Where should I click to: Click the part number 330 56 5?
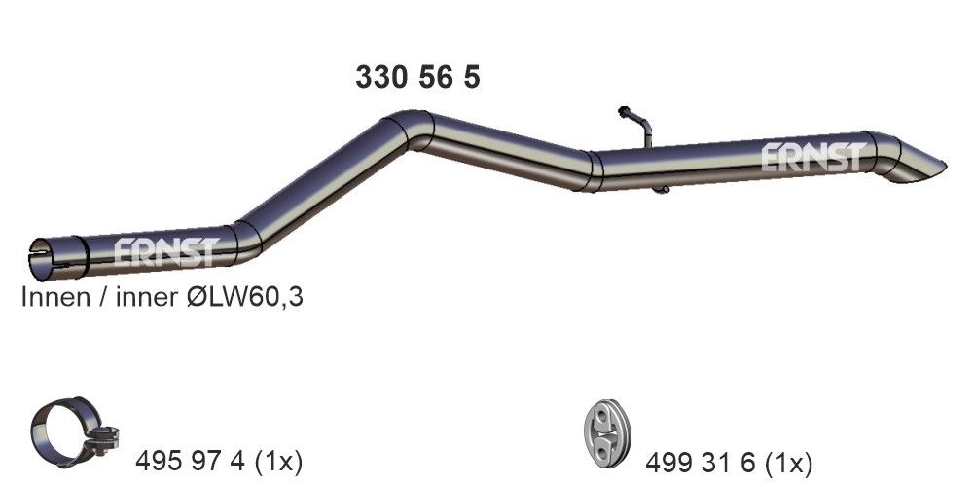(x=417, y=78)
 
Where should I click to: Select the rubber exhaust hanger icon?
(x=607, y=432)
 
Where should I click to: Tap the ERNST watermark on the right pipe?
(x=811, y=158)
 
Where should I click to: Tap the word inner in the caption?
(x=145, y=298)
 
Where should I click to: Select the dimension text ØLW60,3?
(x=244, y=298)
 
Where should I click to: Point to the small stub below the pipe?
(x=660, y=189)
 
